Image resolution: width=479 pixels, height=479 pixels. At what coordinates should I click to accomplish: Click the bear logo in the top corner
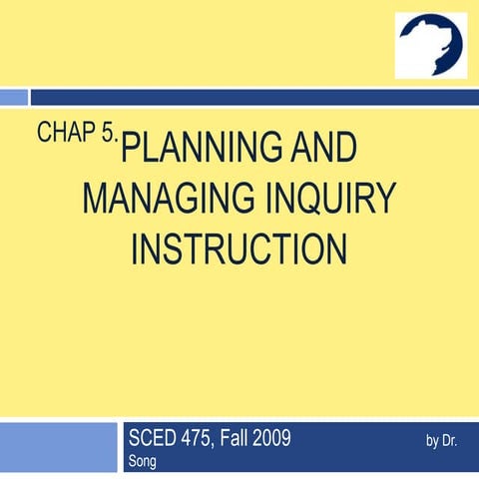431,45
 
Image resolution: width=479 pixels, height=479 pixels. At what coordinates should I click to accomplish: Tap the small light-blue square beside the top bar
13,97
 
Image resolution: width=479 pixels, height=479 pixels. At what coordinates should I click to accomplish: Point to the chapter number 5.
108,136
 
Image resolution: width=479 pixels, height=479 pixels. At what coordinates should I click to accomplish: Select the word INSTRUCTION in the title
239,248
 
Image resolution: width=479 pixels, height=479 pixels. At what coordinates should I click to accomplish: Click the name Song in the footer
143,461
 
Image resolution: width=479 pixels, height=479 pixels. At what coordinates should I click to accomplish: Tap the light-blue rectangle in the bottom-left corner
58,448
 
